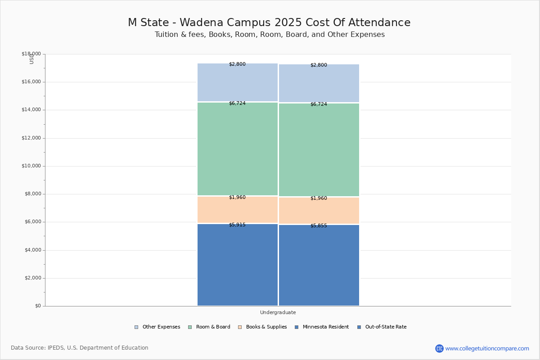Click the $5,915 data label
point(237,225)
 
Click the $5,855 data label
point(319,225)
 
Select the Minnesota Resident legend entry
point(325,327)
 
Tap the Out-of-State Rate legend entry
point(385,327)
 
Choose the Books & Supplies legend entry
point(266,327)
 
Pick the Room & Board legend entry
point(213,327)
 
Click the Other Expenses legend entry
point(161,327)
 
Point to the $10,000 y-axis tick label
point(31,166)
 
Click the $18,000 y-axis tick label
point(31,54)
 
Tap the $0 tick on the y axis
point(38,306)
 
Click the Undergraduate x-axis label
point(278,312)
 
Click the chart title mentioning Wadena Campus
point(269,22)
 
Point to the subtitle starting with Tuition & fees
point(270,35)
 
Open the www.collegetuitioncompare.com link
point(487,348)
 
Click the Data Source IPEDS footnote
point(80,348)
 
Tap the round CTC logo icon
point(439,348)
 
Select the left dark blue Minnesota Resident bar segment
point(238,265)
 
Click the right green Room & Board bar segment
point(319,150)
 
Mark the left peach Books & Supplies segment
point(238,210)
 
